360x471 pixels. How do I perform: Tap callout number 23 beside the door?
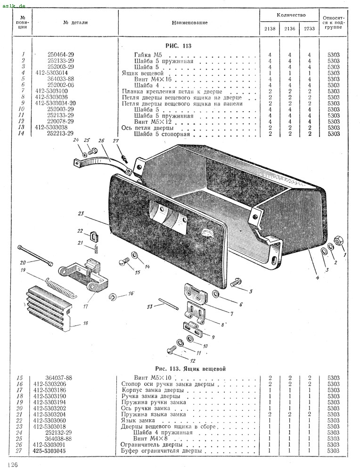80,213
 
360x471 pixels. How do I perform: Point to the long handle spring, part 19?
61,288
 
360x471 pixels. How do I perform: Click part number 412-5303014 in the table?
51,73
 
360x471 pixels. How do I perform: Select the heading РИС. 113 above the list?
178,46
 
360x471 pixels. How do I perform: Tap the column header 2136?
289,29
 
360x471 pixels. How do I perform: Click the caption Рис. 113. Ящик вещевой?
190,369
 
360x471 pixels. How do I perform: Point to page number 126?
13,464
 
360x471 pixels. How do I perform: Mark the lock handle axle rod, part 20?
35,255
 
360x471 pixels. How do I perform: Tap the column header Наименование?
189,23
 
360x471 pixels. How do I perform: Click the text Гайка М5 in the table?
148,55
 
